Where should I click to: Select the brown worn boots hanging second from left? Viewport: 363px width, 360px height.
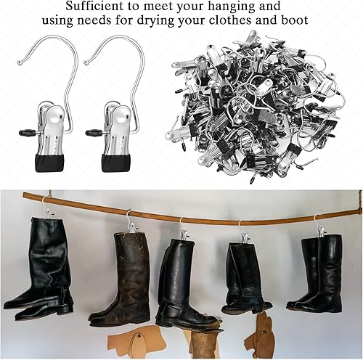coord(123,276)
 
